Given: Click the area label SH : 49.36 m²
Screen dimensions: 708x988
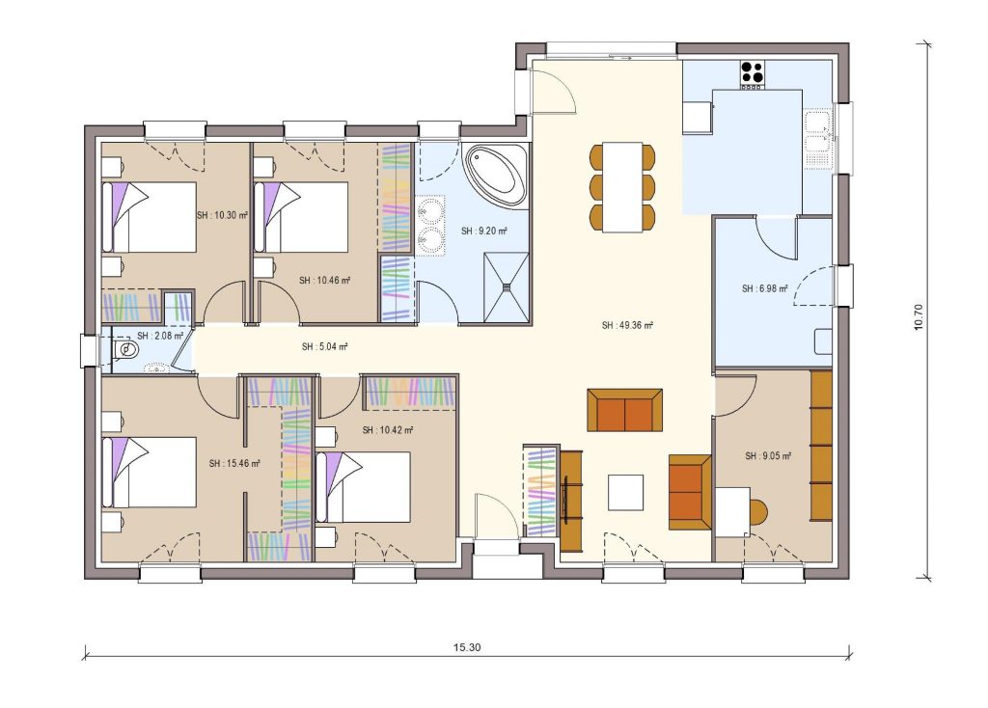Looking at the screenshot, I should (x=627, y=326).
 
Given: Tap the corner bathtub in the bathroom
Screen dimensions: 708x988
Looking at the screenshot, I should (x=496, y=174).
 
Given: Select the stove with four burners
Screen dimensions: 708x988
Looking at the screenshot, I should (x=753, y=72).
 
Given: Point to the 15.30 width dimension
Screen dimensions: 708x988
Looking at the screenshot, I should (x=466, y=646).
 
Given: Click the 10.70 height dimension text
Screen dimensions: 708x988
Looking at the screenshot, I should (x=919, y=317).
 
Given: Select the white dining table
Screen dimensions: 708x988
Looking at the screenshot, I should (x=623, y=186).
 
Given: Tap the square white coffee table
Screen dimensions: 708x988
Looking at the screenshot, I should (x=625, y=493).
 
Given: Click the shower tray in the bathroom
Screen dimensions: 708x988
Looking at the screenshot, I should (x=506, y=285).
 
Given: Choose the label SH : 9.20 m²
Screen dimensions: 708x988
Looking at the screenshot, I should (x=484, y=231).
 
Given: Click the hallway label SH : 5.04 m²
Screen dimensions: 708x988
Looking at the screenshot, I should (x=324, y=346).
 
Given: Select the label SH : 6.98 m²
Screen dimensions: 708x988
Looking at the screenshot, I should (x=765, y=288).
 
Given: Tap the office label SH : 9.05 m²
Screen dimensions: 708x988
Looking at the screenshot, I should (x=768, y=456).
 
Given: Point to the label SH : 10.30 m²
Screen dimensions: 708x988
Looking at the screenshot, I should (x=222, y=216).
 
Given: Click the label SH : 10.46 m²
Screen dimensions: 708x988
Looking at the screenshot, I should (x=324, y=281).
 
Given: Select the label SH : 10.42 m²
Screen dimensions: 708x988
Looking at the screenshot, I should (x=388, y=430).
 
